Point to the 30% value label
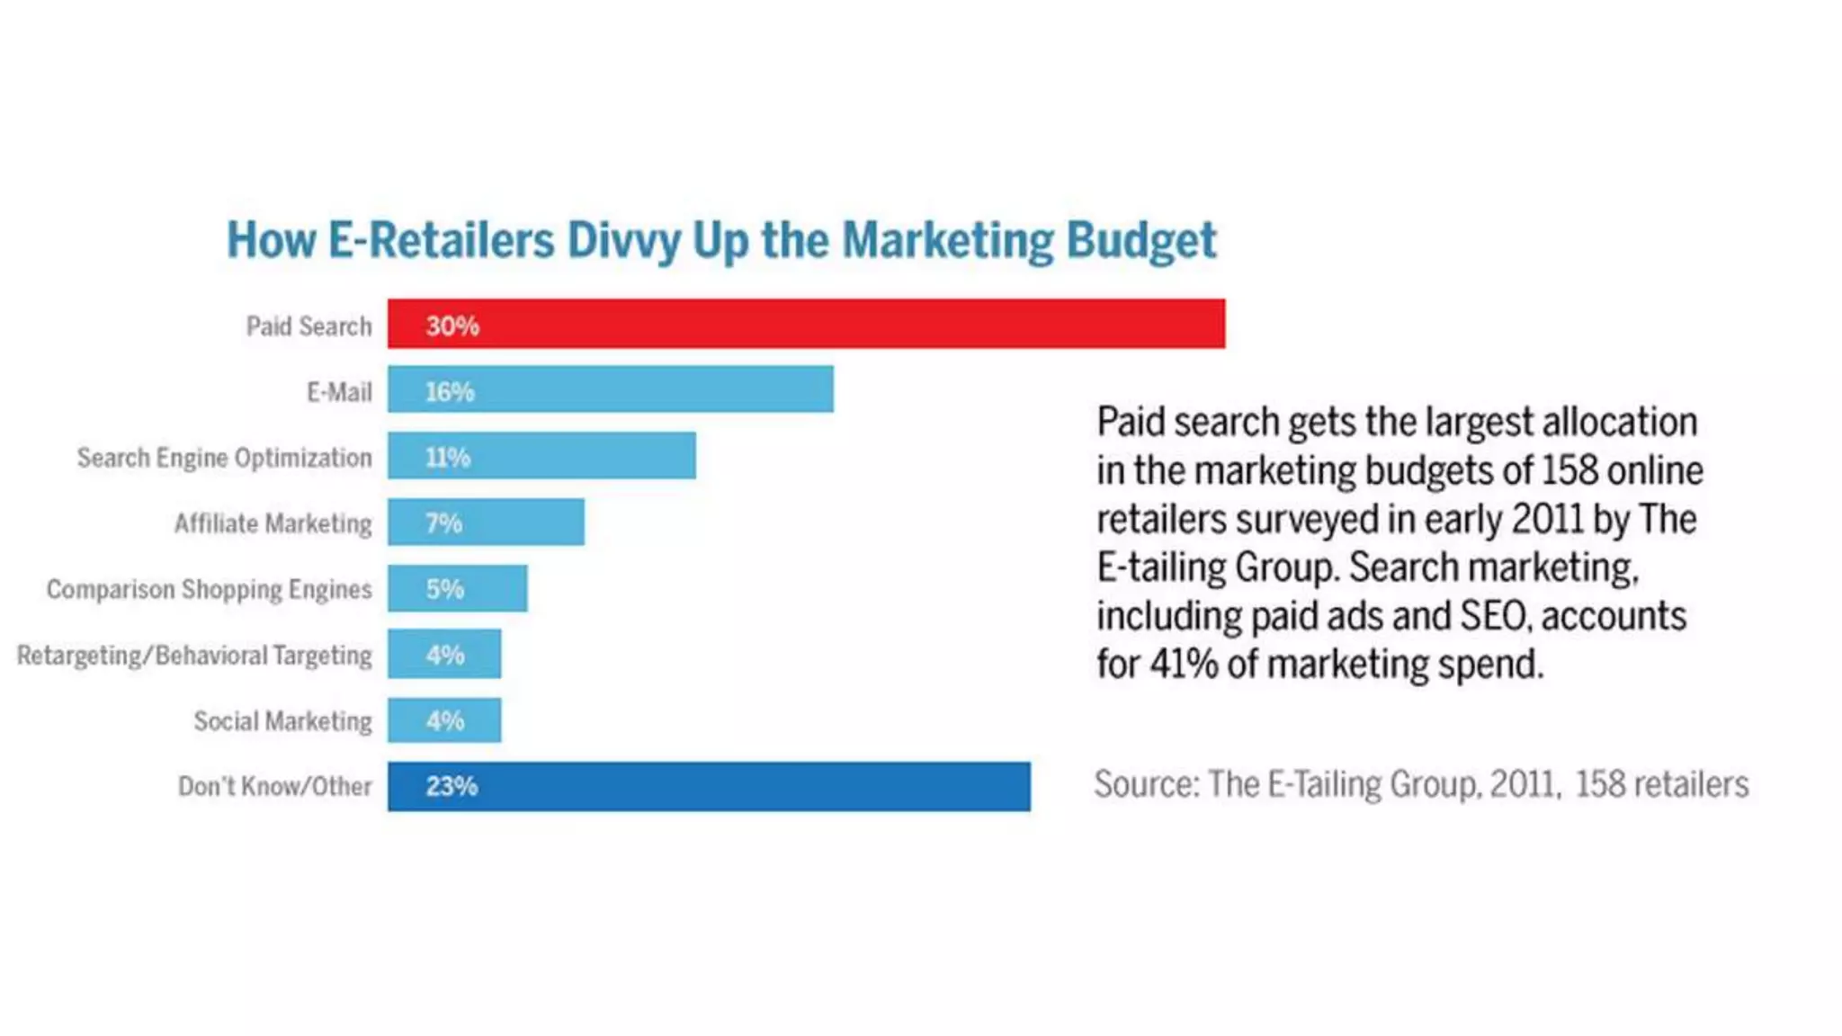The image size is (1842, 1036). [x=452, y=326]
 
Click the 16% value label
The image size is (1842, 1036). [x=450, y=392]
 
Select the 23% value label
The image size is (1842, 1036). [x=452, y=787]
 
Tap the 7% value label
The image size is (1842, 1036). [x=444, y=523]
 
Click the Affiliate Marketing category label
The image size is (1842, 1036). [x=273, y=523]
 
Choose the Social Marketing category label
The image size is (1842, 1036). [x=282, y=721]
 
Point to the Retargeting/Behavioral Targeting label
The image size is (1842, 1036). [x=194, y=656]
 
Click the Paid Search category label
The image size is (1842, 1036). [x=308, y=326]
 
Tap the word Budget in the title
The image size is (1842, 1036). [x=1140, y=241]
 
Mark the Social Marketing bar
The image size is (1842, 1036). [x=444, y=720]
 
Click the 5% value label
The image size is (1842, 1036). [x=445, y=590]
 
